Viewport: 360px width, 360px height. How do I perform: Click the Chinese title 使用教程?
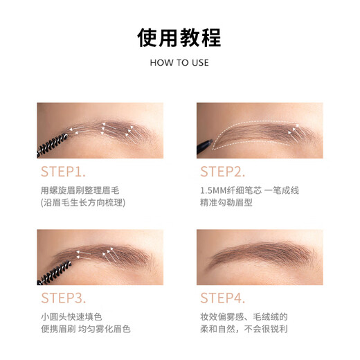[179, 37]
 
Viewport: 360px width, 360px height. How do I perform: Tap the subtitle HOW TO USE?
[179, 63]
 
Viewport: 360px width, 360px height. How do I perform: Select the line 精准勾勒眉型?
[225, 204]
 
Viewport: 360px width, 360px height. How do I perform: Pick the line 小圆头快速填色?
[69, 316]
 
